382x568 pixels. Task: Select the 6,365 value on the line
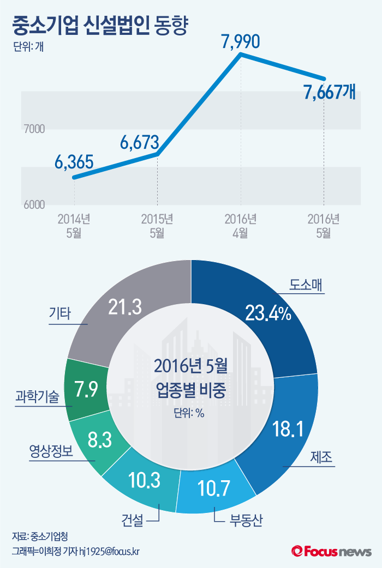point(74,162)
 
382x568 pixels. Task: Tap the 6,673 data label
point(139,143)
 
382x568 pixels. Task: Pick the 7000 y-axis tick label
point(34,129)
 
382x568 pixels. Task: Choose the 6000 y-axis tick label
point(34,205)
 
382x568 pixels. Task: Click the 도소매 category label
point(306,285)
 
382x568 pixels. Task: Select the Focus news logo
point(331,552)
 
